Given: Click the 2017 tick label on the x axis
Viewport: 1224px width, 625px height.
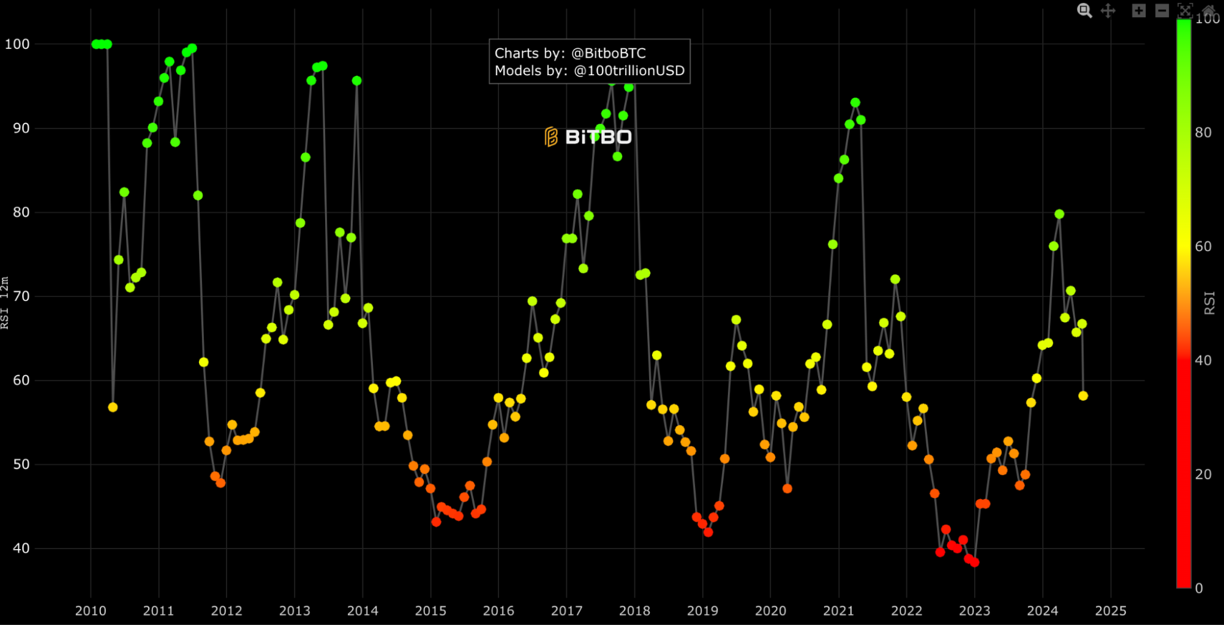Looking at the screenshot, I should coord(566,610).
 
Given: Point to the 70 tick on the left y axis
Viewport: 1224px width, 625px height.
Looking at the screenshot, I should coord(21,296).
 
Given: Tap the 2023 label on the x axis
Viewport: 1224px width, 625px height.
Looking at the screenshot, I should coord(974,610).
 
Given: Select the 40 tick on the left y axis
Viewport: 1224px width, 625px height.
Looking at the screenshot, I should coord(21,548).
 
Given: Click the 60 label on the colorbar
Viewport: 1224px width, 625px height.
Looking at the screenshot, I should coord(1203,247).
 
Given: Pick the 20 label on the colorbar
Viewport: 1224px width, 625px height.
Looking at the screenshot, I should coord(1203,474).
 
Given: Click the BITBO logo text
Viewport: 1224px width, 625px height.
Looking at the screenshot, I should coord(598,137).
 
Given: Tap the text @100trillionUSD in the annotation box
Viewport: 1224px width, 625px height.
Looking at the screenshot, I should coord(629,71).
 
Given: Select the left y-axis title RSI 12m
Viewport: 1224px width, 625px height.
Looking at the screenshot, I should coord(5,303).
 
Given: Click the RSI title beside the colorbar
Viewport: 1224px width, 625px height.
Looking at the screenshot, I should coord(1209,303).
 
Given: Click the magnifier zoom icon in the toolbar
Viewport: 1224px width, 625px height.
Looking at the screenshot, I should coord(1084,10).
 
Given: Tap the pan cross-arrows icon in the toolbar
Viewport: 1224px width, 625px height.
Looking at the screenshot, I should coord(1108,10).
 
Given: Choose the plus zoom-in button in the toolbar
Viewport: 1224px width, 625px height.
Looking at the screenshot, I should coord(1138,10).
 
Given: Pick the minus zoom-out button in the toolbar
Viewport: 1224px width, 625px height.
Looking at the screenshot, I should coord(1162,10).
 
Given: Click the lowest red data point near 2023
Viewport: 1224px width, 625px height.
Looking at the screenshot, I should coord(974,562).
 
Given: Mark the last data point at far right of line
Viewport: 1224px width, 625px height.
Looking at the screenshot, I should coord(1083,396).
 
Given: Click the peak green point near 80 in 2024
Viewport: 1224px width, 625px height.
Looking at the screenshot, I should coord(1059,214).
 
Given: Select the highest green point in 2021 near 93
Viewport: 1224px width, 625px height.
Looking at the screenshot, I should coord(855,103).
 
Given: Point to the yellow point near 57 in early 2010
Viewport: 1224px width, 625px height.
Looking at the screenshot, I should coord(113,408).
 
